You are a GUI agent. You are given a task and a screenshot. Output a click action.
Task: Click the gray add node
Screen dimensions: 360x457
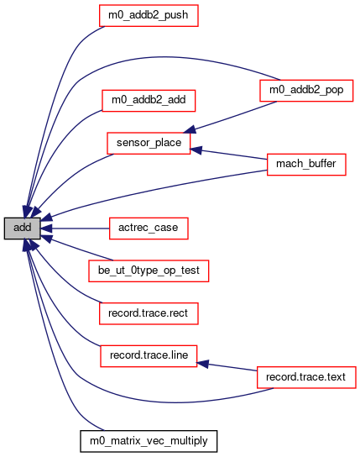point(22,228)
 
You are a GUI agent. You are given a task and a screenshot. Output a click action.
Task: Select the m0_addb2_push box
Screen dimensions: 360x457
point(149,15)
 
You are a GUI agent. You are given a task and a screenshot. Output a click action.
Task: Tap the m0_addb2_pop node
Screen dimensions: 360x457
point(306,91)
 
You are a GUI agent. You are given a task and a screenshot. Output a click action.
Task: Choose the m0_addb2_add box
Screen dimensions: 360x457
point(149,101)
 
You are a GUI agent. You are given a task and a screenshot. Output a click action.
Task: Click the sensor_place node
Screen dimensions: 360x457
point(149,143)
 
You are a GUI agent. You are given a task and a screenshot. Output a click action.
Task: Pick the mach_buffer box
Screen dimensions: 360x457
point(306,165)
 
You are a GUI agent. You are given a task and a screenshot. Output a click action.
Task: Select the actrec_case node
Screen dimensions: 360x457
point(149,228)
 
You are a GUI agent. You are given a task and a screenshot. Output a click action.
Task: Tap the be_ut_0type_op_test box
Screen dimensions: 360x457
point(149,271)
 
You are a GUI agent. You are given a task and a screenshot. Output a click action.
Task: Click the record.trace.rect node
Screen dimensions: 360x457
point(149,313)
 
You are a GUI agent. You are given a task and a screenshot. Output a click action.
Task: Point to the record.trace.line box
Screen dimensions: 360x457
point(149,356)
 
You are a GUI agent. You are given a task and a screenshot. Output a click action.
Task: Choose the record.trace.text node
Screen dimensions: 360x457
point(306,377)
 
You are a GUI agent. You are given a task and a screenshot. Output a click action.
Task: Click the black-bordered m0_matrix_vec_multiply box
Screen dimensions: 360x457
point(149,441)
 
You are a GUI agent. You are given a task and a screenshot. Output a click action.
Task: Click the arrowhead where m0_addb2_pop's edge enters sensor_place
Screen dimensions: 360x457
point(189,129)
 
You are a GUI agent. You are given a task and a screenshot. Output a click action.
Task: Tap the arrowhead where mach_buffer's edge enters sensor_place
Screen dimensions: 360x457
point(196,150)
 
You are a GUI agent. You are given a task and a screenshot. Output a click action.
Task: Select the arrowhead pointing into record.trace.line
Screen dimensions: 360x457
point(202,364)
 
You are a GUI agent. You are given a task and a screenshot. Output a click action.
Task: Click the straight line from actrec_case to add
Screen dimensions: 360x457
point(75,228)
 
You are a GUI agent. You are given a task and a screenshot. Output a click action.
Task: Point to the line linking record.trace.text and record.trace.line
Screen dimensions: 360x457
point(227,367)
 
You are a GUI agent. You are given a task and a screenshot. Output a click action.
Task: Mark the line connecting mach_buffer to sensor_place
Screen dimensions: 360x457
point(228,155)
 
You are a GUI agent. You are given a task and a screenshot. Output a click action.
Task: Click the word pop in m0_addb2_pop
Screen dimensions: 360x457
point(334,90)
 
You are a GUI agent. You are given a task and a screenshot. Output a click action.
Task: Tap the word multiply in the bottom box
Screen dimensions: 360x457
point(189,441)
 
